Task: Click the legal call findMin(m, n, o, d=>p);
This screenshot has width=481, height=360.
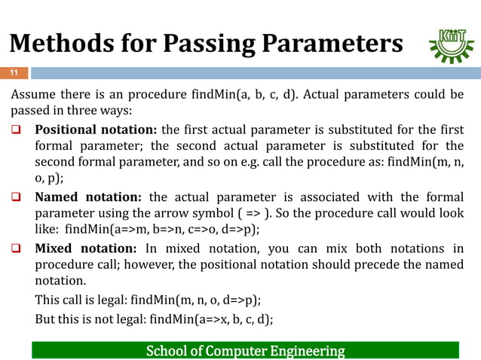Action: (x=205, y=300)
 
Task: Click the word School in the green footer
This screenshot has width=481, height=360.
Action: (x=164, y=351)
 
